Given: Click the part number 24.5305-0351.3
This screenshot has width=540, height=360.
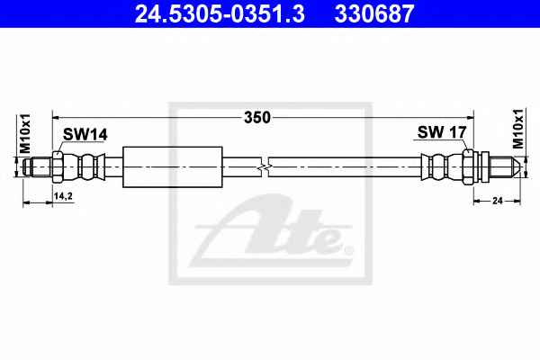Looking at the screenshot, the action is click(220, 13).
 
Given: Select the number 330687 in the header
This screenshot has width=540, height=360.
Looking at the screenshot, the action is click(374, 13).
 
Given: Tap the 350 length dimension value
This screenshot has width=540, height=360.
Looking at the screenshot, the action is click(257, 118).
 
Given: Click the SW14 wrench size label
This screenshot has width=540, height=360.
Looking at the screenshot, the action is click(85, 134).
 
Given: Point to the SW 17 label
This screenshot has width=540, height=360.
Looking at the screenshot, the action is click(442, 132).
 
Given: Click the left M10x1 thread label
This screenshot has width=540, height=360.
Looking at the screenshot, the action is click(25, 133).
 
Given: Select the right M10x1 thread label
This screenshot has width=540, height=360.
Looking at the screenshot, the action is click(517, 129).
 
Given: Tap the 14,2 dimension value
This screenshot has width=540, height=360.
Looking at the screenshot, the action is click(63, 196).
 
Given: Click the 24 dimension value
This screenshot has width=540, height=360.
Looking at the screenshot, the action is click(498, 201).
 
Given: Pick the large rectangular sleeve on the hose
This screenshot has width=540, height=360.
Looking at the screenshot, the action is click(173, 167).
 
